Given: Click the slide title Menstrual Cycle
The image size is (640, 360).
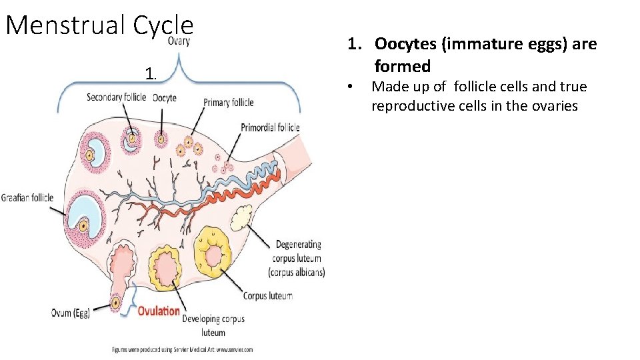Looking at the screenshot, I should tap(99, 25).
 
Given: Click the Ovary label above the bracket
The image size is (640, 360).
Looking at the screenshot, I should tap(179, 41).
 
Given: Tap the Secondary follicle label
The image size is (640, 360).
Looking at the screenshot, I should tap(117, 98).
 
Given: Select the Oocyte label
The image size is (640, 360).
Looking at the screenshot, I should tap(165, 98).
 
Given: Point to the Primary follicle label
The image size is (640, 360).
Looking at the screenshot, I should tap(229, 103).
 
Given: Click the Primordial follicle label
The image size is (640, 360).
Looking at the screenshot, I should tap(270, 127).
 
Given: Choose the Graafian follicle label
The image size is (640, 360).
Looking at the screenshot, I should tap(27, 197).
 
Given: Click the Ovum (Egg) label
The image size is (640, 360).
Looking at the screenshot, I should tap(70, 313).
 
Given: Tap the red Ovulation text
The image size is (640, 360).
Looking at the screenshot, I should tap(159, 311).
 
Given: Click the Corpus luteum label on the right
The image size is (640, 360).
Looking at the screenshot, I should tap(267, 295).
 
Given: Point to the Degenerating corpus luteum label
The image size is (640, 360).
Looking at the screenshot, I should tap(297, 258).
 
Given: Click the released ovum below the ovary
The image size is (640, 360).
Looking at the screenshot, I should tap(116, 303).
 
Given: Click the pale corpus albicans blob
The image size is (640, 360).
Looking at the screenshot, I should tap(240, 217).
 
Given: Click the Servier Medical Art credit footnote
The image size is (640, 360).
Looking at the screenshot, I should tap(182, 349).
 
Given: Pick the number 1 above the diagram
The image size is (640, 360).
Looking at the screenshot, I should tap(151, 73).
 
